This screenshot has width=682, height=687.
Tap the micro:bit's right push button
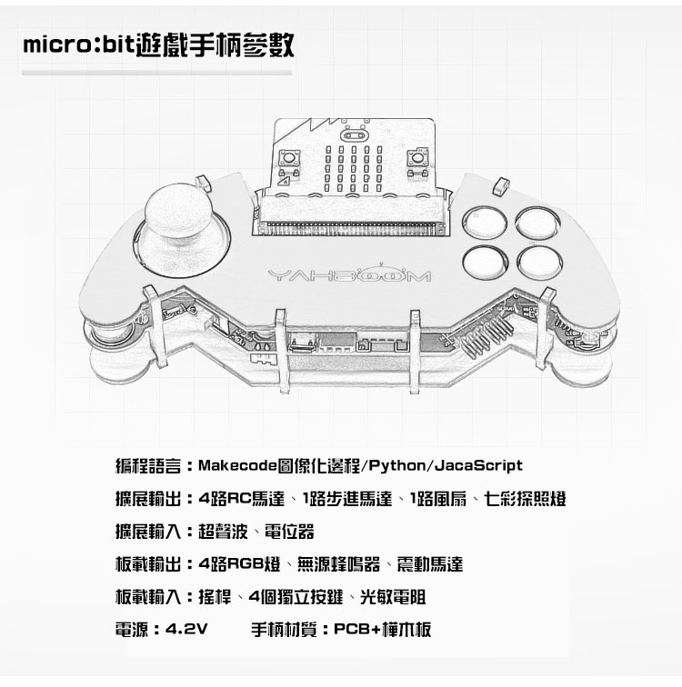(x=417, y=162)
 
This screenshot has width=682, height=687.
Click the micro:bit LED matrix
(x=356, y=168)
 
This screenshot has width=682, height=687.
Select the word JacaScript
(x=479, y=466)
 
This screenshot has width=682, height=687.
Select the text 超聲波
(x=218, y=532)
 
